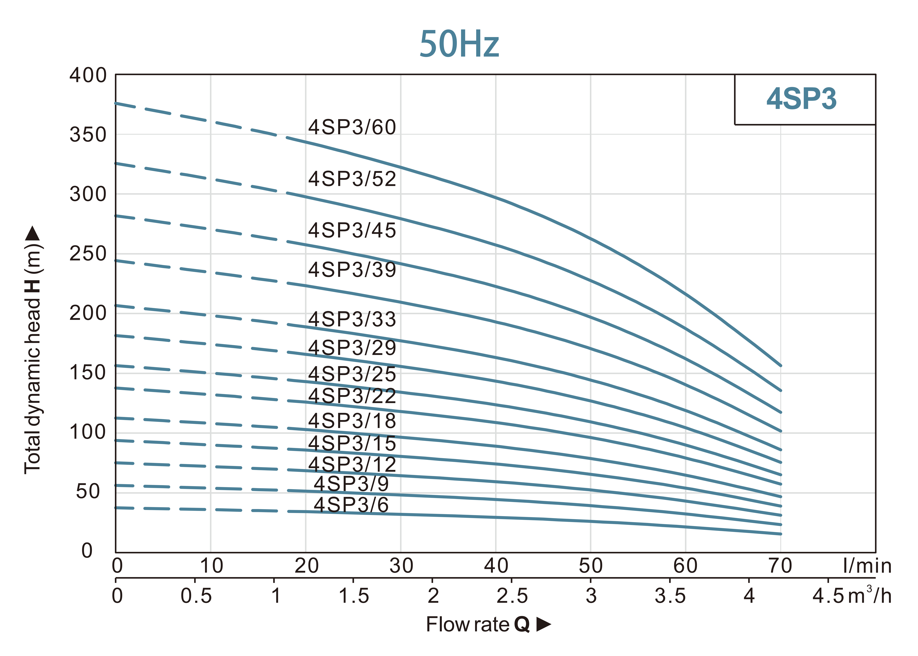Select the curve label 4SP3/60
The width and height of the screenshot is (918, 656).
pos(352,127)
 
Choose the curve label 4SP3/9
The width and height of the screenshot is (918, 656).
pos(351,484)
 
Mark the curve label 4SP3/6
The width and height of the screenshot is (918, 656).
pos(351,505)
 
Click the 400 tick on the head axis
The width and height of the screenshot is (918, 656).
pos(88,76)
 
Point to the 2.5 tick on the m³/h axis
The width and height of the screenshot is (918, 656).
pos(512,596)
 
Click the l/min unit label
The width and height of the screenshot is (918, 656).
pos(867,565)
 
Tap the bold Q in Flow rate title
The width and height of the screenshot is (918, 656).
pos(521,624)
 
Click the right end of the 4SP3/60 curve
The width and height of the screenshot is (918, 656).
pos(780,366)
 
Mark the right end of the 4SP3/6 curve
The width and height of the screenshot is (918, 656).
pos(780,534)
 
